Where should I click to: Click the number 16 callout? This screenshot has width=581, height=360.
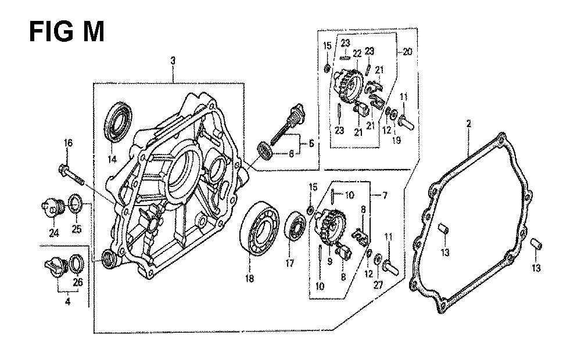68,143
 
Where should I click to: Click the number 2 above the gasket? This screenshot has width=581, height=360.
468,124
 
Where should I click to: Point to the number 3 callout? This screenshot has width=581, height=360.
173,60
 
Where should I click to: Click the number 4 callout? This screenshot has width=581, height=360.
67,301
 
